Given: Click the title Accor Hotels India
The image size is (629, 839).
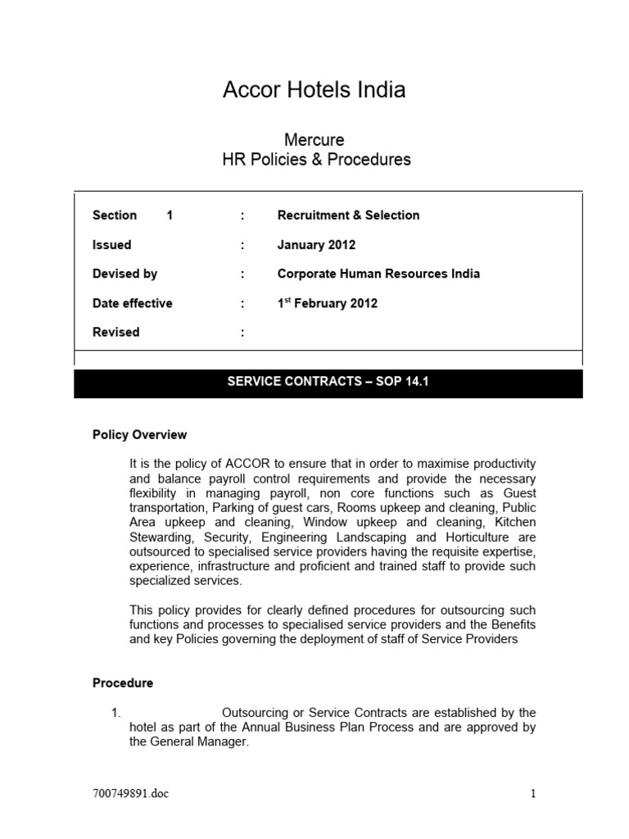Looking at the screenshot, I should point(314,90).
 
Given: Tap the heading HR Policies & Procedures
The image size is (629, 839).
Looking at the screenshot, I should point(316,159).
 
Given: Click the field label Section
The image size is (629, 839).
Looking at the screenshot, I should point(115,215).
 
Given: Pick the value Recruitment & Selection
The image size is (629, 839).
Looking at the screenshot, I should point(348,215).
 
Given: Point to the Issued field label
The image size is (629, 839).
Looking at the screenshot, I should point(111,245).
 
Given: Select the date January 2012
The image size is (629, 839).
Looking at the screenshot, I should point(316,245).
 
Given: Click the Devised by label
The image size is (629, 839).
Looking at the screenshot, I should point(124,274).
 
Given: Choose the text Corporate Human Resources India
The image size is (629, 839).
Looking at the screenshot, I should point(378,274).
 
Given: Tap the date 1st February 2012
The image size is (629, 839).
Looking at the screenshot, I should point(327,303).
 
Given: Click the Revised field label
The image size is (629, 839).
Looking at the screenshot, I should point(115,332).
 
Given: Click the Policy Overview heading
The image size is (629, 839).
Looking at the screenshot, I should point(139,435).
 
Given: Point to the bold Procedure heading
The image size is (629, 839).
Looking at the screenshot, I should point(122,683).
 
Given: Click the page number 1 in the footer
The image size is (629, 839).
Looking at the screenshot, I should point(532,793).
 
